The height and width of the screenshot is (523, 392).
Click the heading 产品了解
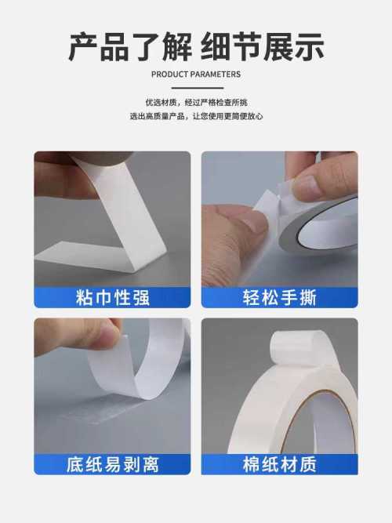(130, 47)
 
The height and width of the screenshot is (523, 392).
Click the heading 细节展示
(262, 47)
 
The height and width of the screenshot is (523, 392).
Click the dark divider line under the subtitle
(198, 88)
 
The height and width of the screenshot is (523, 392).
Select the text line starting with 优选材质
(196, 103)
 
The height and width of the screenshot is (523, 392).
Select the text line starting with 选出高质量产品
(196, 116)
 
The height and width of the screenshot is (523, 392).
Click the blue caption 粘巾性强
(112, 297)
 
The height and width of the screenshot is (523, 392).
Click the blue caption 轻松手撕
(280, 297)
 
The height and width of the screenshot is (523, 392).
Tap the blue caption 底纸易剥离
(112, 464)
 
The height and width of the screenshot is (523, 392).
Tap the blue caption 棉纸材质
(280, 464)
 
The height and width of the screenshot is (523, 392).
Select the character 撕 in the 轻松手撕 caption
(308, 297)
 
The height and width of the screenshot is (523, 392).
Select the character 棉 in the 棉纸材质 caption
(252, 464)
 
